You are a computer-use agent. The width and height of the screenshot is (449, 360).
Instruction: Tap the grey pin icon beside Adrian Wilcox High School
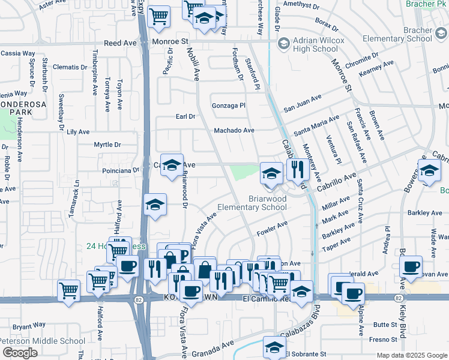pyautogui.click(x=283, y=44)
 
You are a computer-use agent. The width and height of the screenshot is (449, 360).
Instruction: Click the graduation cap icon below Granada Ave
pyautogui.click(x=274, y=346)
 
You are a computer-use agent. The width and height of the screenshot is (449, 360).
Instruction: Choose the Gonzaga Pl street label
pyautogui.click(x=229, y=106)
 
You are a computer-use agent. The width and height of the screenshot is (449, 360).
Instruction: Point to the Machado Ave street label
pyautogui.click(x=234, y=130)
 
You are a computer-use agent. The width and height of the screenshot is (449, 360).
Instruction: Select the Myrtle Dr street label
pyautogui.click(x=107, y=145)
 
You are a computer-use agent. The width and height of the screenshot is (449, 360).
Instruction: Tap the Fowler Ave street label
pyautogui.click(x=273, y=227)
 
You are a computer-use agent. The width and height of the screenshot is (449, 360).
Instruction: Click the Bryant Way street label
pyautogui.click(x=29, y=325)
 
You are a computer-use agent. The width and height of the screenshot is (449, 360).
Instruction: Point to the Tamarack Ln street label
pyautogui.click(x=76, y=200)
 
